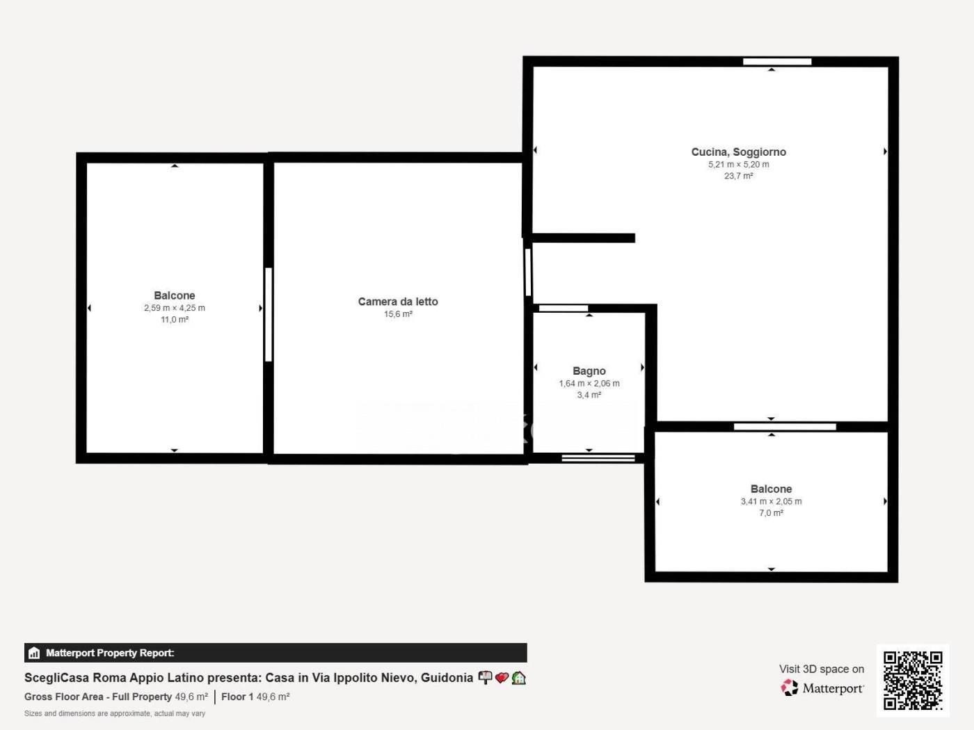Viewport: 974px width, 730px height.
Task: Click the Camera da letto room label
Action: (x=398, y=302)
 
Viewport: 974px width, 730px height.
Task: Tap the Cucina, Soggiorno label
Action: (x=738, y=152)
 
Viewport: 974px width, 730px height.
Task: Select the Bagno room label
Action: (x=589, y=371)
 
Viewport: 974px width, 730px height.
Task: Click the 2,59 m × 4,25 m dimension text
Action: (x=175, y=307)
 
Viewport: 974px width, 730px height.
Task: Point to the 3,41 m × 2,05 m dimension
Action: (x=771, y=501)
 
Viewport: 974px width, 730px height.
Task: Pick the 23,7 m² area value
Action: (x=738, y=176)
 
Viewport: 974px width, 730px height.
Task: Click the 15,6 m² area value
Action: (x=398, y=314)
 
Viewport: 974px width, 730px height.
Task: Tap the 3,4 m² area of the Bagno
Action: (x=589, y=395)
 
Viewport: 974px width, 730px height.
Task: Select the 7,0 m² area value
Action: (x=771, y=513)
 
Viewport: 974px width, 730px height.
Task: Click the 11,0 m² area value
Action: (x=175, y=320)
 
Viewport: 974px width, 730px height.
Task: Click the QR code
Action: (x=913, y=681)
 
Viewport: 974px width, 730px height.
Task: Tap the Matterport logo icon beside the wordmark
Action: (x=790, y=688)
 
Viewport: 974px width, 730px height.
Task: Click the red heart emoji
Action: (x=502, y=678)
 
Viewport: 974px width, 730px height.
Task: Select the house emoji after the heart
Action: (x=519, y=678)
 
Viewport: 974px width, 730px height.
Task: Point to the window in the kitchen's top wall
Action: (x=777, y=62)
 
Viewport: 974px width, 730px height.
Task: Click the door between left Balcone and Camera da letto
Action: (x=268, y=314)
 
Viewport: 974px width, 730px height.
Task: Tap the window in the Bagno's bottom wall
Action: (x=598, y=458)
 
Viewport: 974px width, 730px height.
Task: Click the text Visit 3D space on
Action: (x=822, y=670)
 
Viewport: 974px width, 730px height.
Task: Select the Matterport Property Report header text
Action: (x=110, y=653)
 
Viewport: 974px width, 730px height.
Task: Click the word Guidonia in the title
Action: (x=447, y=678)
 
